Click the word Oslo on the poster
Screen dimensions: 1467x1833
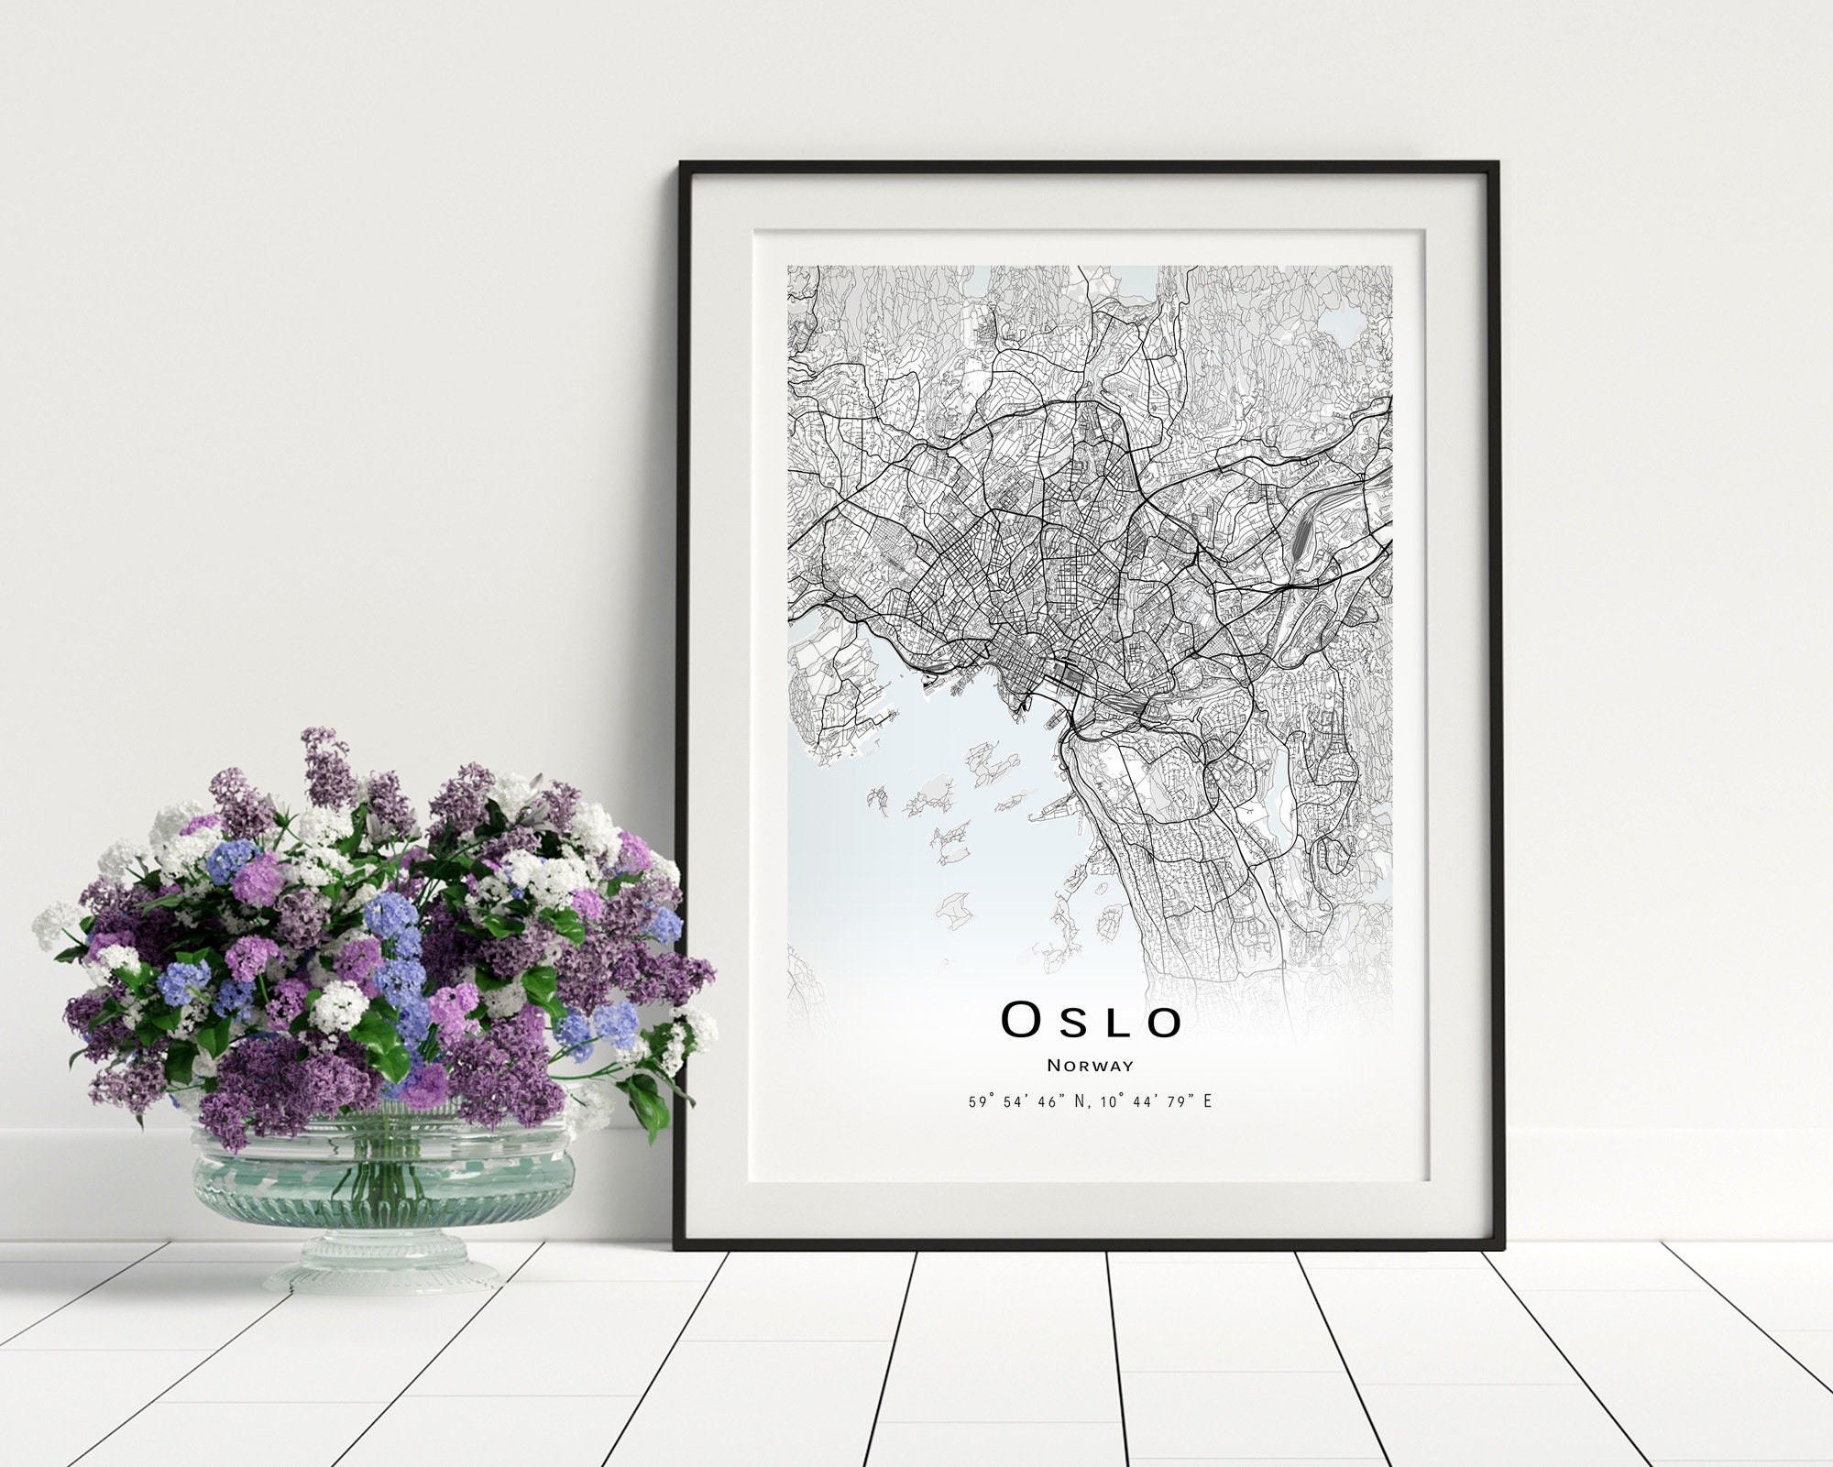[1090, 1020]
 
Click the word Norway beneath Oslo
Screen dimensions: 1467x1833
[1090, 1066]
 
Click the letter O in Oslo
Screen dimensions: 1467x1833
[1020, 1020]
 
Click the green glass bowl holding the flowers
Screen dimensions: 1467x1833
[383, 1177]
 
